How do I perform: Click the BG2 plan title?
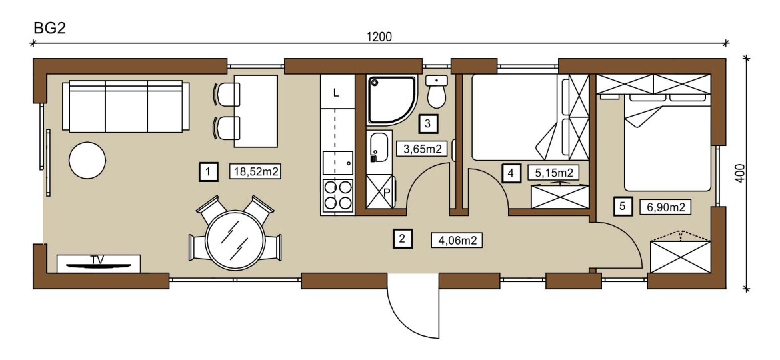click(49, 28)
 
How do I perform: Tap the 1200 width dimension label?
click(379, 37)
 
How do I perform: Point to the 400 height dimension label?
click(741, 174)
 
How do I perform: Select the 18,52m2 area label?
click(255, 172)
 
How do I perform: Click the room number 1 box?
click(208, 172)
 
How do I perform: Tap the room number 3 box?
click(428, 124)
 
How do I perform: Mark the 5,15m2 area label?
click(553, 173)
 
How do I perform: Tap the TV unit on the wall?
click(99, 263)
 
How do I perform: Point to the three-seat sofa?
click(125, 107)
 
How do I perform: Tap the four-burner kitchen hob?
click(338, 195)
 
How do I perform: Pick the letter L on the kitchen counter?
click(336, 93)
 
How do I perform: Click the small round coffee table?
click(87, 160)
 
